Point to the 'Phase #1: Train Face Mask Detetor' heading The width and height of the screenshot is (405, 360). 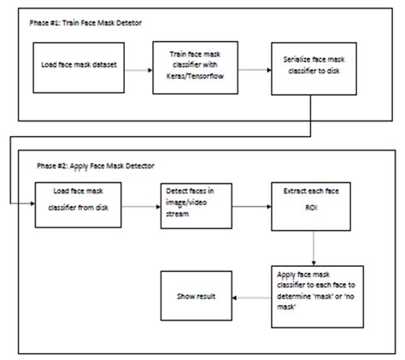click(x=85, y=23)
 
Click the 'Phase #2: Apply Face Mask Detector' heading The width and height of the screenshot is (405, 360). click(x=96, y=166)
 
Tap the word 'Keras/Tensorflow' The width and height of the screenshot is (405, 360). click(x=195, y=76)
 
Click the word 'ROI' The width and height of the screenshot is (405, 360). click(x=311, y=208)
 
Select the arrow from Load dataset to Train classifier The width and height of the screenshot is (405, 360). click(x=138, y=70)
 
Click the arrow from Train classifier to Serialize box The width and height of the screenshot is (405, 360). click(x=255, y=70)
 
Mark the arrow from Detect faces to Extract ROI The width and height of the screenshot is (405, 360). click(x=252, y=207)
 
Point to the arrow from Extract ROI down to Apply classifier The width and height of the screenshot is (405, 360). click(x=314, y=248)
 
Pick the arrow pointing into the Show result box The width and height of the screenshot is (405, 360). click(x=252, y=298)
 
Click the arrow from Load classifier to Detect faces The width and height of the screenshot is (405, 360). click(x=141, y=207)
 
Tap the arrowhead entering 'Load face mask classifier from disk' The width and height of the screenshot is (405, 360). click(x=32, y=204)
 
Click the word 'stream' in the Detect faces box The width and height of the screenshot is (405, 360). click(x=177, y=214)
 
